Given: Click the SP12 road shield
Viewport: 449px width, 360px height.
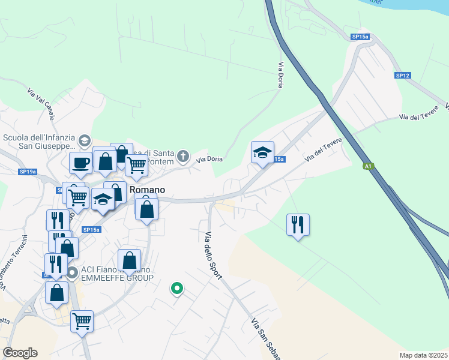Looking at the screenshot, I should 402,76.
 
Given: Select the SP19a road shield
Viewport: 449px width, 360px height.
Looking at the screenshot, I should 28,172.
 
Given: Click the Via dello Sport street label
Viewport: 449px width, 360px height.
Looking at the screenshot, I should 214,255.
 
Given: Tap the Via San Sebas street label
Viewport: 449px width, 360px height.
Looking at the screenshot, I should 266,339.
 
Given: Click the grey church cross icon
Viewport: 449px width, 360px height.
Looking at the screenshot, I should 184,157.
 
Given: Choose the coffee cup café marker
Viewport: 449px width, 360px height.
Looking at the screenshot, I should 80,162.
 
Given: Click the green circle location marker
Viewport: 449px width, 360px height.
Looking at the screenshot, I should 177,289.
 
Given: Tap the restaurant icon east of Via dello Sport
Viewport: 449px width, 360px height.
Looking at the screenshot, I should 298,225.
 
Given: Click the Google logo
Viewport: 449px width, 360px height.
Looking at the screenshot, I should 20,353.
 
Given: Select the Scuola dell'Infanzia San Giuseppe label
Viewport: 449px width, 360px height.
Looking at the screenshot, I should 38,141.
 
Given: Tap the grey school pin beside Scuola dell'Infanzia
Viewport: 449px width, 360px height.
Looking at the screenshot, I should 85,140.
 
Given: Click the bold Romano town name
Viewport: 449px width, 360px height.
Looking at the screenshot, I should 146,189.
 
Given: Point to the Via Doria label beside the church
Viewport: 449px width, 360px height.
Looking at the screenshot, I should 210,159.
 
